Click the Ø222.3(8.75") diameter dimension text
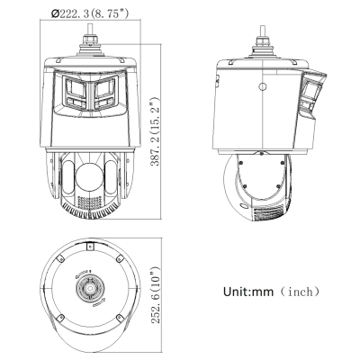(90, 13)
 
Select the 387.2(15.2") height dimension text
(156, 131)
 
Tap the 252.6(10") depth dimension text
(156, 295)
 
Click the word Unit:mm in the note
(248, 292)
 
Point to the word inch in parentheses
(300, 292)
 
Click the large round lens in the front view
(89, 176)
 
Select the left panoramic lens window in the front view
(74, 92)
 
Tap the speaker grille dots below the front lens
(89, 202)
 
